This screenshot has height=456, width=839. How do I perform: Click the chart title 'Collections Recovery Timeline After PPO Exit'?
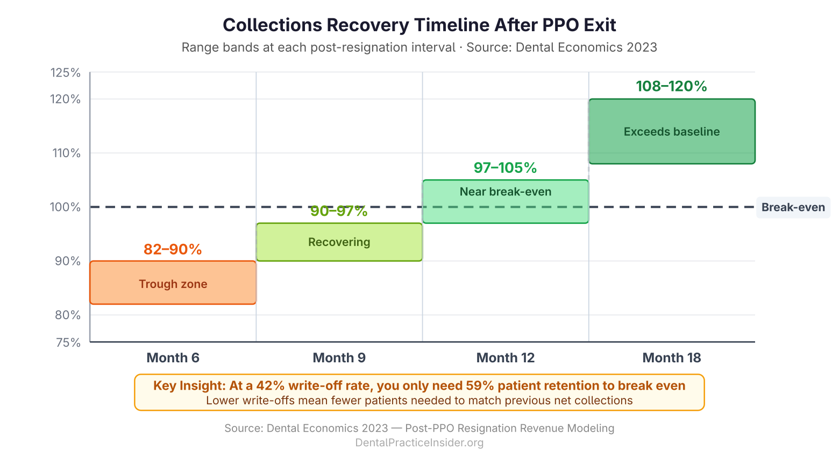(x=419, y=25)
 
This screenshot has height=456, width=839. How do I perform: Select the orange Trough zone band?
(x=173, y=283)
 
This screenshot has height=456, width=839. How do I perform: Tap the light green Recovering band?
(x=339, y=242)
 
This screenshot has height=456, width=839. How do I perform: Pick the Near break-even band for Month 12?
(x=505, y=201)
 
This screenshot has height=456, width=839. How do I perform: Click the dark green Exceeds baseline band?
(x=671, y=131)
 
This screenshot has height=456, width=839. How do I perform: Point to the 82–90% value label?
(x=173, y=250)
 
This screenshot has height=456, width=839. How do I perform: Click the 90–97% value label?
(x=339, y=211)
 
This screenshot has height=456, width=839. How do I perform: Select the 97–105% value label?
(x=505, y=168)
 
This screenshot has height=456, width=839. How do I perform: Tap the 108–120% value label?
(x=671, y=86)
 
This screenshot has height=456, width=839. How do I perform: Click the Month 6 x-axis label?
(x=173, y=358)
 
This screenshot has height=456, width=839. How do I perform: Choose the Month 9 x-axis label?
(x=339, y=358)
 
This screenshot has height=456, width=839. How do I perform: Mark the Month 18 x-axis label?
(x=671, y=358)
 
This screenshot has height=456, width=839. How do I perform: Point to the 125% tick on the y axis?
(x=66, y=73)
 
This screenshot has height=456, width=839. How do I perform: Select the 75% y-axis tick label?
(x=68, y=342)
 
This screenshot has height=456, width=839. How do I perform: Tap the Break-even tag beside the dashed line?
(x=793, y=207)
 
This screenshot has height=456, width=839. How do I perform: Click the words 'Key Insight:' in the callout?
(x=189, y=385)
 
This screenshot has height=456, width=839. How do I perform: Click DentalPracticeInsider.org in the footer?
(x=419, y=443)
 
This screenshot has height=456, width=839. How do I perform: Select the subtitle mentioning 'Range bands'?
(x=419, y=47)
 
